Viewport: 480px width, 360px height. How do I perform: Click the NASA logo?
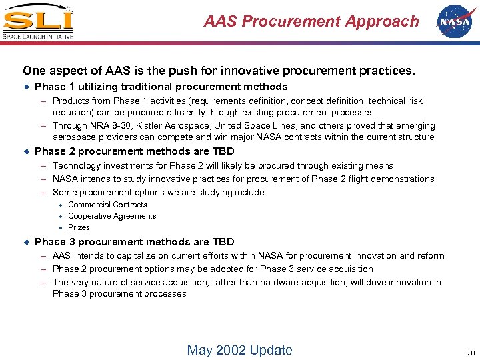point(454,21)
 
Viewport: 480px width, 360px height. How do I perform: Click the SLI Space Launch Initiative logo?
point(38,22)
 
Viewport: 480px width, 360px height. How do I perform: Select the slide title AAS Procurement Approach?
point(311,21)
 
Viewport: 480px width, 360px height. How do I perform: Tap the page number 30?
point(471,352)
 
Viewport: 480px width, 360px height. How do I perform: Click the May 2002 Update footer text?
point(239,350)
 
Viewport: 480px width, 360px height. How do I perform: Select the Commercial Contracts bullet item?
point(107,205)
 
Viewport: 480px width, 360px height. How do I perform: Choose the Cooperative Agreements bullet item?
point(112,216)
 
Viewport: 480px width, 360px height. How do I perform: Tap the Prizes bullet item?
point(79,227)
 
